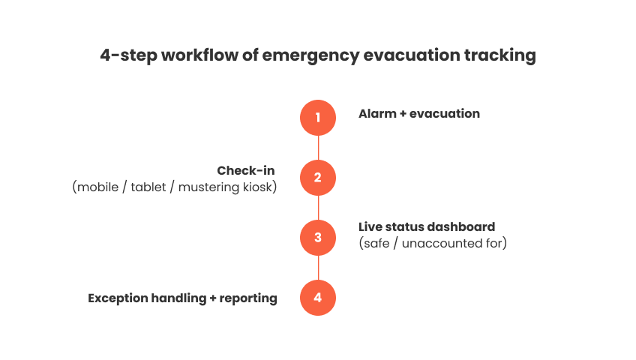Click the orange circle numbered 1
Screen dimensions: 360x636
[318, 118]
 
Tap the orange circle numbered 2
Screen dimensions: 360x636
[318, 178]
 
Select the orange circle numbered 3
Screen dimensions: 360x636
[318, 238]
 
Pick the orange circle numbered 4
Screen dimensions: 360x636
[318, 298]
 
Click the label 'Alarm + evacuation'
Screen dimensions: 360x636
[418, 114]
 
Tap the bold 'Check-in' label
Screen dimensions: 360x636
[245, 171]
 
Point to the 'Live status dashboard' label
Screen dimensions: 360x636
[427, 226]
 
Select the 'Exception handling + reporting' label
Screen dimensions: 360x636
[182, 298]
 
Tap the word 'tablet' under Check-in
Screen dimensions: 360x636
[149, 187]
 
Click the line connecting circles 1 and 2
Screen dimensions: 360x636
[318, 148]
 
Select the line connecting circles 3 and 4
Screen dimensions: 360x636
[318, 268]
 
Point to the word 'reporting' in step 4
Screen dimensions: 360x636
[248, 298]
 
